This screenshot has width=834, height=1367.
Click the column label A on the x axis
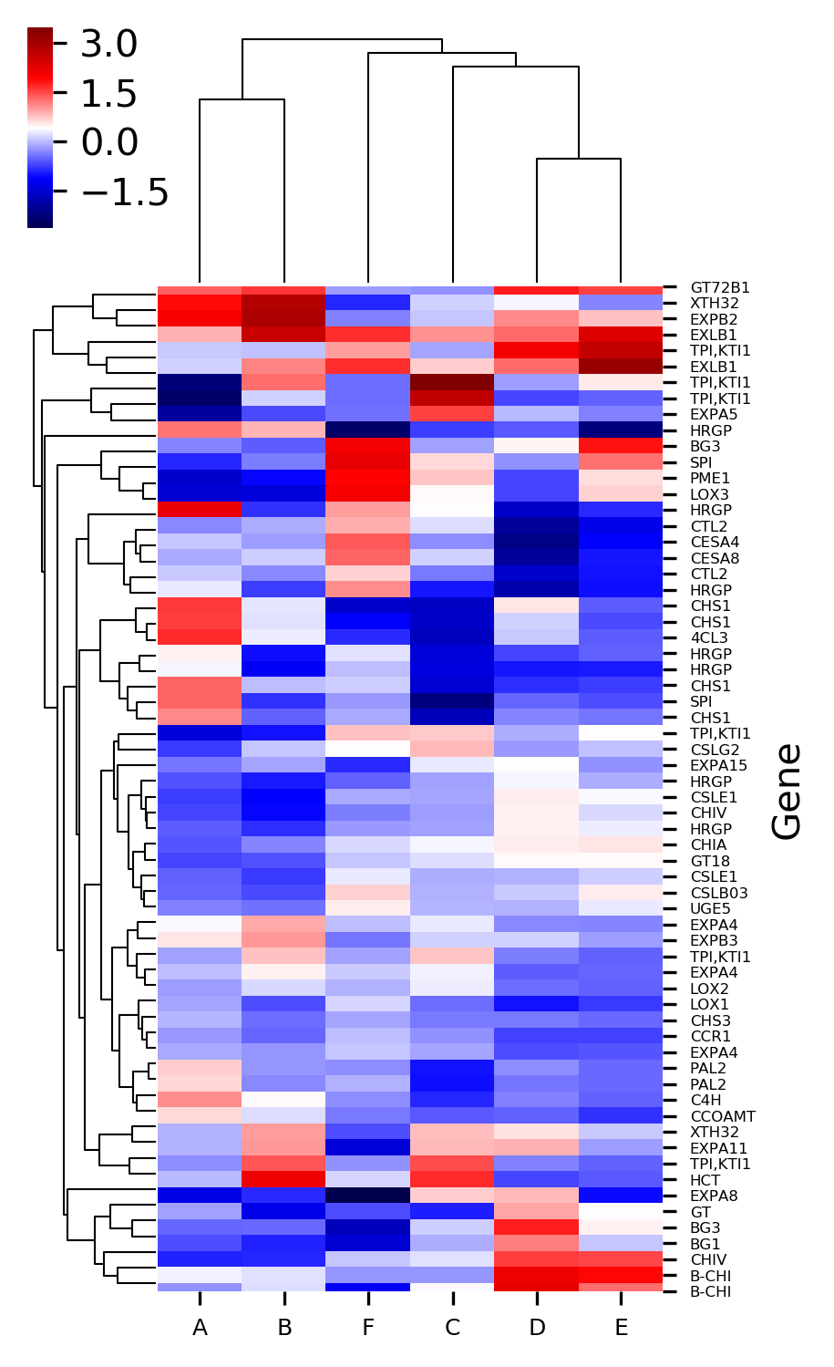pos(200,1328)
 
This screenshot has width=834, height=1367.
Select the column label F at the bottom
pos(368,1328)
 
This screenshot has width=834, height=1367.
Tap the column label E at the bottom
pos(621,1328)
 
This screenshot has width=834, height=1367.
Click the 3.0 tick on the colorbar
pos(108,44)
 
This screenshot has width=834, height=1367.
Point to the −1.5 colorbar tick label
pos(124,192)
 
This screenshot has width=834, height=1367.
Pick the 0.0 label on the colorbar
pos(108,142)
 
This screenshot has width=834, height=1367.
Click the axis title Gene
pos(787,791)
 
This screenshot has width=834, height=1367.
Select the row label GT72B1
pos(720,287)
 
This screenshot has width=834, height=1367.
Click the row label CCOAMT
pos(723,1116)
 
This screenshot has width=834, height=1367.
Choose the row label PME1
pos(710,479)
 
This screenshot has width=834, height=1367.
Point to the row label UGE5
pos(710,909)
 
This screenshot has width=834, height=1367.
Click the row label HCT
pos(704,1180)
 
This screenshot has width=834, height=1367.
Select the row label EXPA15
pos(718,765)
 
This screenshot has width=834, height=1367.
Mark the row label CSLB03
pos(719,893)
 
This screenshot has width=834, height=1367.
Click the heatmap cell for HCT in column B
pos(283,1180)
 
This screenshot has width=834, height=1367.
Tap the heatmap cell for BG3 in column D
pos(536,1227)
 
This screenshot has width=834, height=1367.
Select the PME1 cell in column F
pos(368,479)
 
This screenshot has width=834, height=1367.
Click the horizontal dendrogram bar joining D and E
pos(579,159)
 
